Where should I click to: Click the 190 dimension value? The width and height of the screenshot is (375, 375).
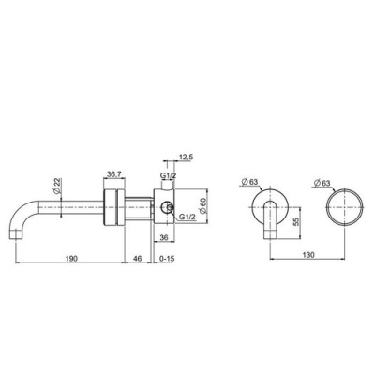[71, 259]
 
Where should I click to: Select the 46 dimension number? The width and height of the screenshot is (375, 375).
[138, 259]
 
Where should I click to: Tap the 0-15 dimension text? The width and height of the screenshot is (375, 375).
[167, 259]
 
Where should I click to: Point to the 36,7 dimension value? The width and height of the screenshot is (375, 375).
[114, 174]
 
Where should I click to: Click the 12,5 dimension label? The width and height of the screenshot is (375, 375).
[186, 157]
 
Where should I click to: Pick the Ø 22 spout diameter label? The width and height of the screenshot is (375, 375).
[57, 186]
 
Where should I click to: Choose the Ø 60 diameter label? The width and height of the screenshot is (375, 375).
[203, 206]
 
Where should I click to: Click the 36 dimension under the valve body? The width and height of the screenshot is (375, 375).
[164, 238]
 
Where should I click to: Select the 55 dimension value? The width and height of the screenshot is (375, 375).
[296, 222]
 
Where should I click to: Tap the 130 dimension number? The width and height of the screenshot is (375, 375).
[308, 255]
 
